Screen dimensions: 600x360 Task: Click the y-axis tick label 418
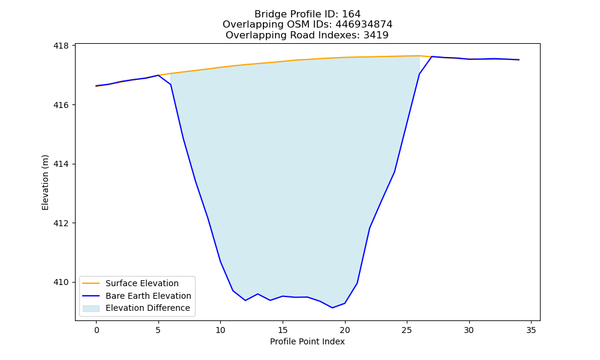(x=61, y=46)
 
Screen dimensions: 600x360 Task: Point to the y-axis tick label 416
(x=61, y=105)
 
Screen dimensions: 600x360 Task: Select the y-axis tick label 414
(x=61, y=164)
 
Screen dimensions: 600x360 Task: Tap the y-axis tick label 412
(x=61, y=223)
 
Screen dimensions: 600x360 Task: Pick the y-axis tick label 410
(x=61, y=283)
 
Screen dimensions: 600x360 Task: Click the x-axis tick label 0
(x=97, y=330)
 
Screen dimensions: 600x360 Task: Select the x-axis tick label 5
(x=158, y=330)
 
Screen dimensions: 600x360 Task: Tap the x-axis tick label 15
(x=283, y=330)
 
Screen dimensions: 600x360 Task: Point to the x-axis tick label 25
(x=407, y=330)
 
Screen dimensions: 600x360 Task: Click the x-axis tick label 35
(x=531, y=330)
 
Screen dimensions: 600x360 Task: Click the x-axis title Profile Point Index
(x=307, y=341)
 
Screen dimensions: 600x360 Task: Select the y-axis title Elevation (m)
(x=45, y=182)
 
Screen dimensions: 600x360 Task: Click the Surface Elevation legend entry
(x=142, y=283)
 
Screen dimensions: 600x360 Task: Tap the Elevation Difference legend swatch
(x=91, y=308)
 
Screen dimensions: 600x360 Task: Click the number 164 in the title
(x=351, y=14)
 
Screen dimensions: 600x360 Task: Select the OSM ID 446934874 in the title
(x=364, y=25)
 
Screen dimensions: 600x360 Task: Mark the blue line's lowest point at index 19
(x=332, y=308)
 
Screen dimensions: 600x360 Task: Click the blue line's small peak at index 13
(x=257, y=294)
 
